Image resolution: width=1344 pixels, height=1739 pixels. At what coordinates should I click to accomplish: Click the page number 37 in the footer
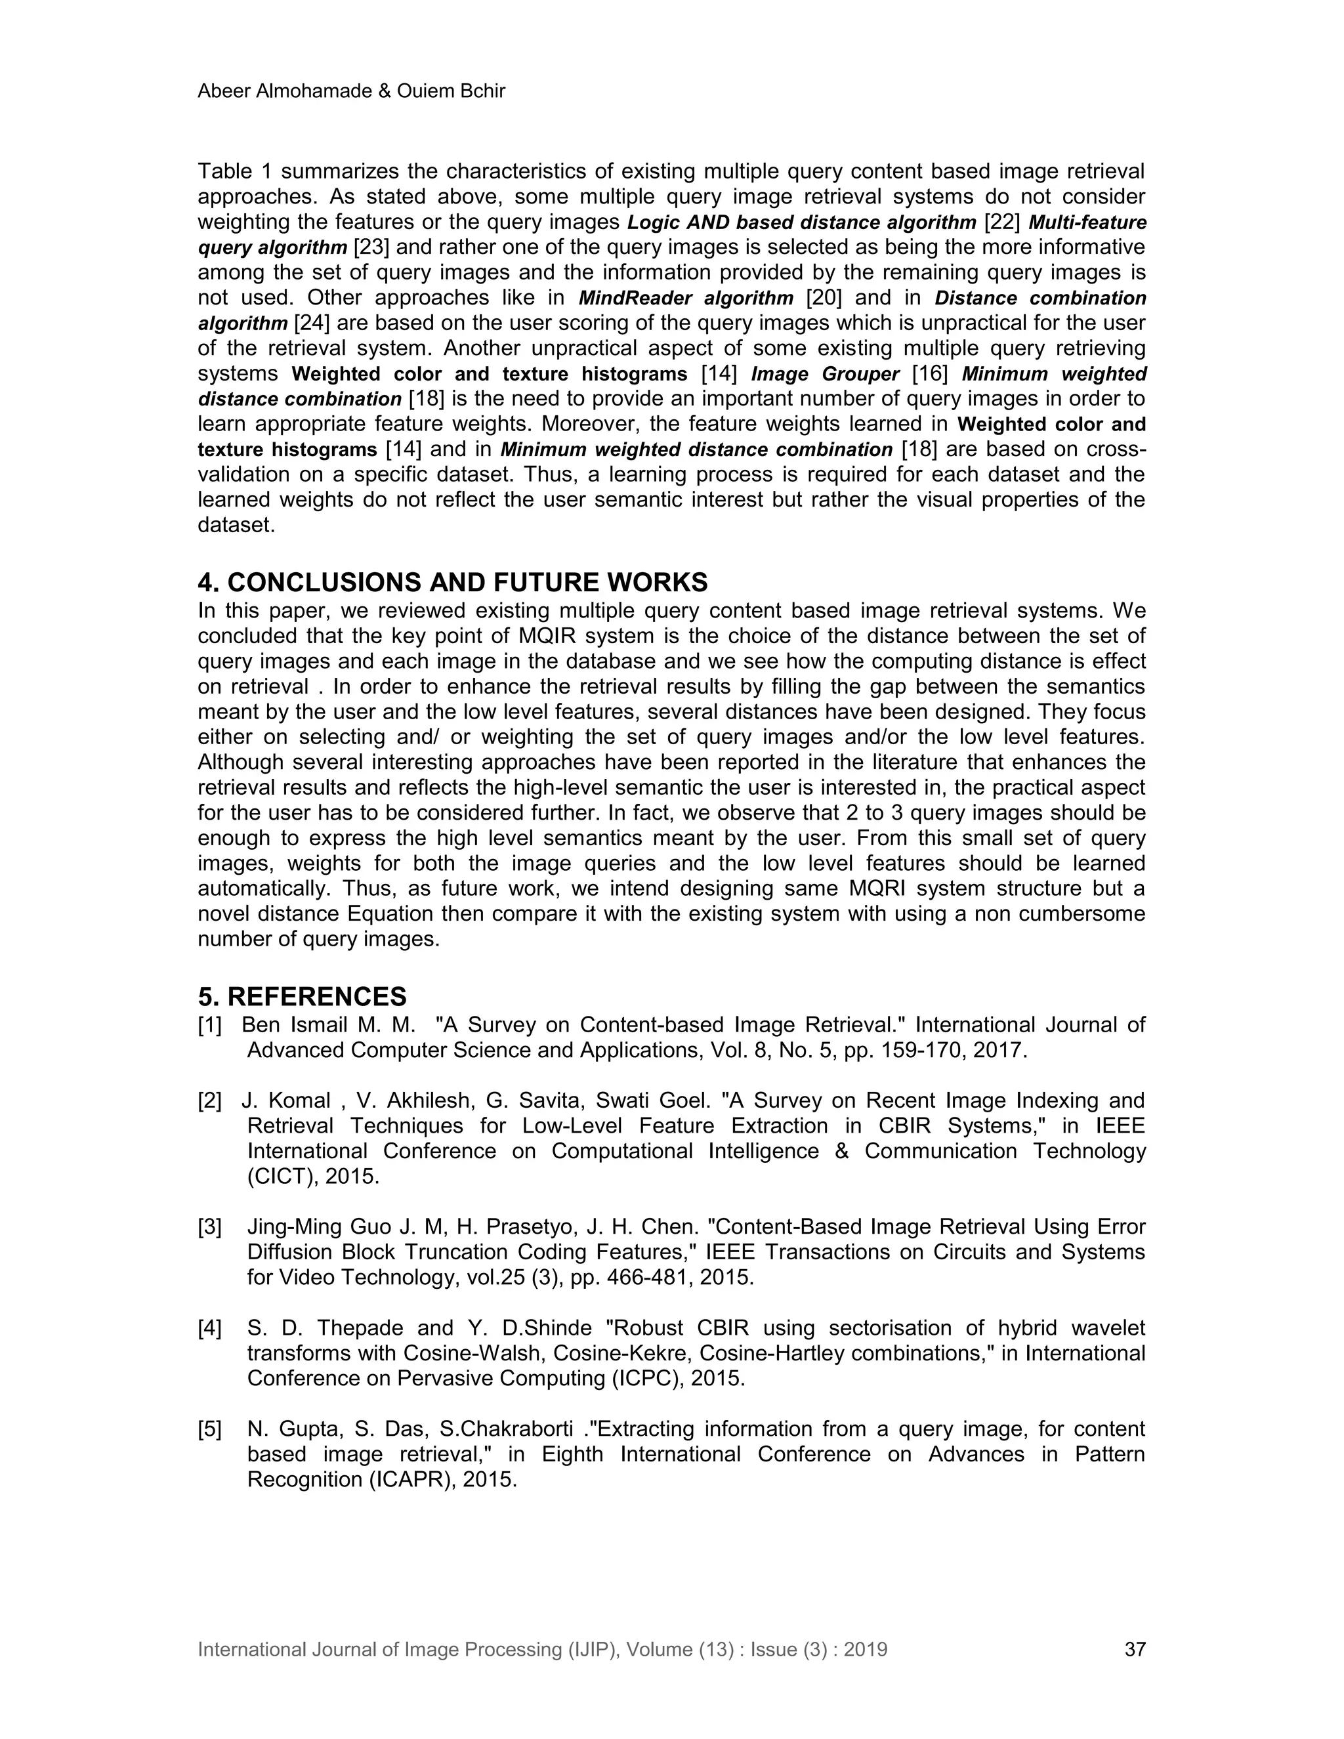click(1135, 1649)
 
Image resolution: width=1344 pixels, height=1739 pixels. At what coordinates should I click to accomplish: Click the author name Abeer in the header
click(223, 92)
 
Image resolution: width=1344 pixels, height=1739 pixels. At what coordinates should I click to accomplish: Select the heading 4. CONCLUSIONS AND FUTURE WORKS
click(452, 582)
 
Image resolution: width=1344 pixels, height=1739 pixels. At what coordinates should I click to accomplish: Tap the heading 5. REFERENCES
click(302, 996)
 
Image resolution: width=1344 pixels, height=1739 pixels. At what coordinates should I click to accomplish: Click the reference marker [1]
click(210, 1025)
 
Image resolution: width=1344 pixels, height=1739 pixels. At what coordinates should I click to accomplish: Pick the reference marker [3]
click(210, 1227)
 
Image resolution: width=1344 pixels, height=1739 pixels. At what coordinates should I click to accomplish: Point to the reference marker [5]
click(210, 1429)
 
